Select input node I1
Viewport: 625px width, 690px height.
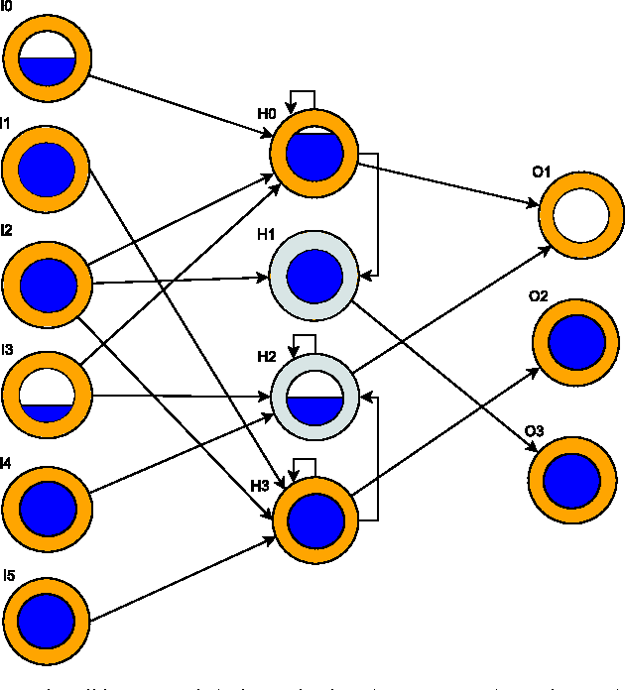(48, 170)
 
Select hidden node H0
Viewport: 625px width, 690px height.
(314, 154)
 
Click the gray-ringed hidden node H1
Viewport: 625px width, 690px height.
(314, 275)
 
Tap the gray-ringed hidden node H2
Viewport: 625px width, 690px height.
(314, 396)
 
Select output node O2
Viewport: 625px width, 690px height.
(576, 343)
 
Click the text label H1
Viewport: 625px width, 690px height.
(266, 235)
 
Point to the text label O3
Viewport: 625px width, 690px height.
(534, 430)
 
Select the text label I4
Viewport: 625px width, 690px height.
(7, 462)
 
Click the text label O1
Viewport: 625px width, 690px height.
(541, 172)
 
